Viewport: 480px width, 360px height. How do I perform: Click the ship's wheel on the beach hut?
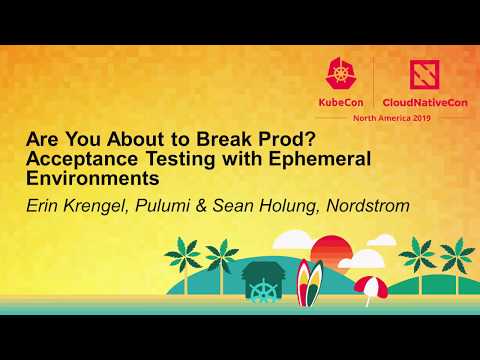262,294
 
